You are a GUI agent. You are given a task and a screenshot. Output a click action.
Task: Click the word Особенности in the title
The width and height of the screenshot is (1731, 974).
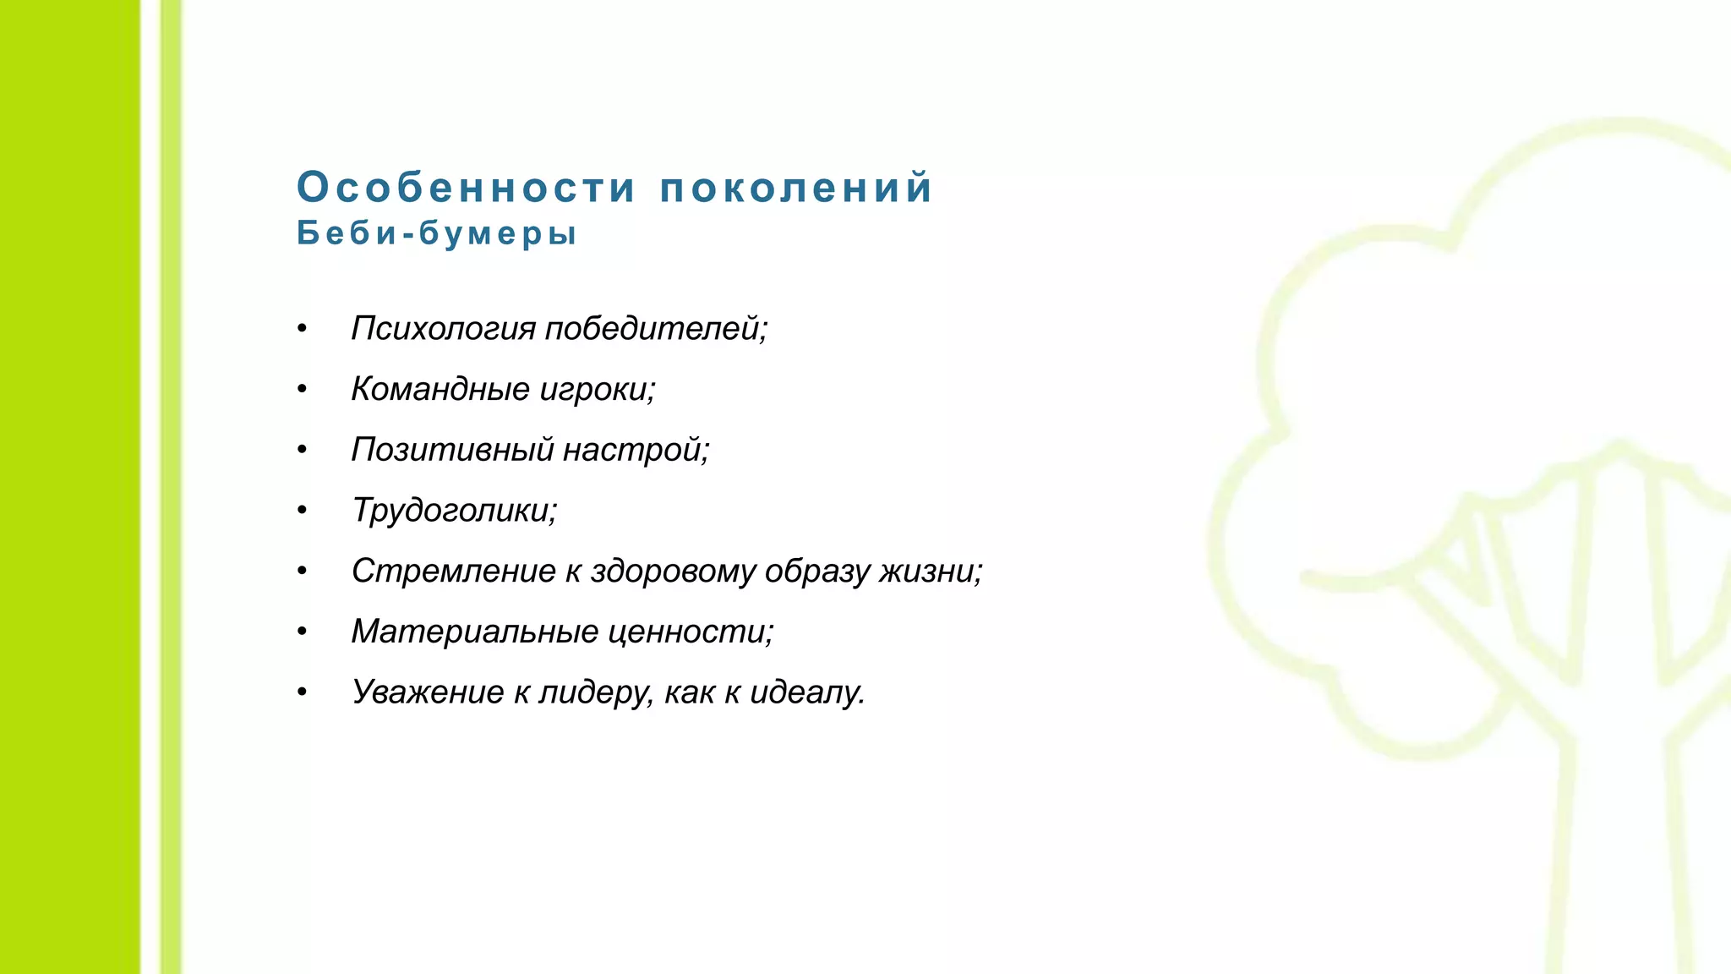[466, 188]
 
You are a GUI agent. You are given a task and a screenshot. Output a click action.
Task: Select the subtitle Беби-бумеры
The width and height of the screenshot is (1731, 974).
[437, 233]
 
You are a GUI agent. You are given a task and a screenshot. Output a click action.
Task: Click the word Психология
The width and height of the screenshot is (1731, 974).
[443, 328]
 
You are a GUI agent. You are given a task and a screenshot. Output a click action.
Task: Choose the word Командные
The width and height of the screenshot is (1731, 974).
[440, 389]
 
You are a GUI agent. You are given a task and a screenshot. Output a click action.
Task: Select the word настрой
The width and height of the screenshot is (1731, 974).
[636, 450]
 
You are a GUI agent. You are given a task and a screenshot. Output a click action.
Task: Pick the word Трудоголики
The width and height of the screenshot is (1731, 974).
[454, 511]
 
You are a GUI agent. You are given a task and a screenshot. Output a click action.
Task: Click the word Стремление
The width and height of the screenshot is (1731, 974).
[453, 572]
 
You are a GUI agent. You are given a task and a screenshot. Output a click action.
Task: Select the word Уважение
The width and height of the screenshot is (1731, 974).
[428, 692]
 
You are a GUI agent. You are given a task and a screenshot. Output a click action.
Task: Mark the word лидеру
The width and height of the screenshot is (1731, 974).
[596, 692]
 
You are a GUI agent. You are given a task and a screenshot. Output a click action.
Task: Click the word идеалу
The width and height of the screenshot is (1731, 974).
[807, 692]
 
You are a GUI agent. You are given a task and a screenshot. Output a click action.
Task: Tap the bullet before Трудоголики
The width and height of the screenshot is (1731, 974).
[302, 511]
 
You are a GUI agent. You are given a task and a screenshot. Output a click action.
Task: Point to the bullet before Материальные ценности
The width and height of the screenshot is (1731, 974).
[302, 632]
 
